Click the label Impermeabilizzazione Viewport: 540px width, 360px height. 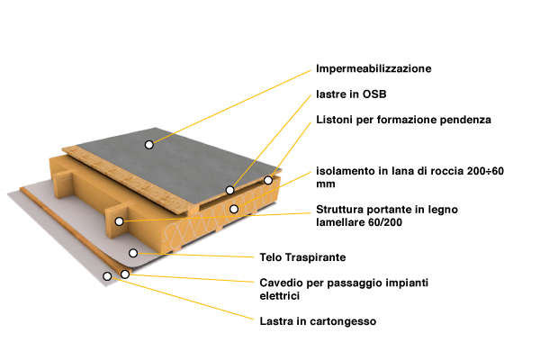pyautogui.click(x=373, y=68)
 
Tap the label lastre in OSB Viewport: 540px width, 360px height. pyautogui.click(x=351, y=94)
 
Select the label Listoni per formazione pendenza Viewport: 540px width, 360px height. pyautogui.click(x=403, y=120)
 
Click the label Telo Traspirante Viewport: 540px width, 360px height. pyautogui.click(x=302, y=257)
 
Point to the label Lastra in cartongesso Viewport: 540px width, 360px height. pyautogui.click(x=318, y=321)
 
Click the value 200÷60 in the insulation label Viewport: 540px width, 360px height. pyautogui.click(x=485, y=171)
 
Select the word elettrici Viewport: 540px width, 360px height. pyautogui.click(x=280, y=296)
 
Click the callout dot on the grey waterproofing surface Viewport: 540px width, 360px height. pyautogui.click(x=149, y=145)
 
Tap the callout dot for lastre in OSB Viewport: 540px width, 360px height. pyautogui.click(x=230, y=190)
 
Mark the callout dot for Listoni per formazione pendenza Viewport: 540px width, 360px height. pyautogui.click(x=268, y=180)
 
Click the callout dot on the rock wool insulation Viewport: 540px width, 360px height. pyautogui.click(x=234, y=209)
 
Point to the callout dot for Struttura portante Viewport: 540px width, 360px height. pyautogui.click(x=119, y=221)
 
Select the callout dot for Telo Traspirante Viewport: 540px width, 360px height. pyautogui.click(x=133, y=253)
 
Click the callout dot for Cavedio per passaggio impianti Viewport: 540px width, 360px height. pyautogui.click(x=125, y=274)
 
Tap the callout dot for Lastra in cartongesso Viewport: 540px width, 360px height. pyautogui.click(x=107, y=276)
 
